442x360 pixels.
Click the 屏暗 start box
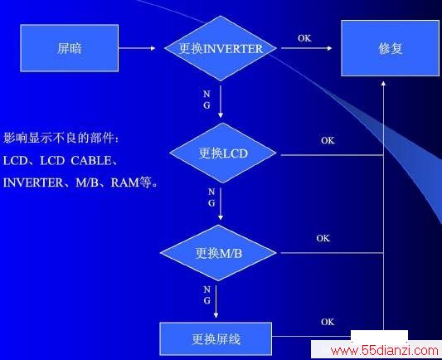pos(70,48)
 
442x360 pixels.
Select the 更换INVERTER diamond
pos(221,48)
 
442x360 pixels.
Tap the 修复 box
pos(390,48)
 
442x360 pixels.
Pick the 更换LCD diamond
pos(223,153)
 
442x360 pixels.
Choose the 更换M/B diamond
pos(218,253)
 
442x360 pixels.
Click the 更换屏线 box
pos(216,339)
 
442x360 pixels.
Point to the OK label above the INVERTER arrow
pos(304,38)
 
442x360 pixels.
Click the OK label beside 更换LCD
pos(328,140)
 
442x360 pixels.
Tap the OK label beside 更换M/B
pos(323,238)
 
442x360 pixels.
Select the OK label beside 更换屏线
pos(328,322)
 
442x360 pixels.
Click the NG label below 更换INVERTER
pos(206,100)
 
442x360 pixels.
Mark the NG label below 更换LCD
pos(211,197)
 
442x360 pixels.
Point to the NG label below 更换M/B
pos(207,295)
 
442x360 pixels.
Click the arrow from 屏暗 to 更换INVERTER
pos(137,48)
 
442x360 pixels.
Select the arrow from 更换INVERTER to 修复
pos(306,48)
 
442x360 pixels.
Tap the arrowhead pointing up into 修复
pos(383,83)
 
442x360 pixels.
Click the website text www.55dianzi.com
pos(385,350)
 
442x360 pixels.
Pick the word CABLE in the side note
pos(91,161)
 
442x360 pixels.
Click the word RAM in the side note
pos(125,182)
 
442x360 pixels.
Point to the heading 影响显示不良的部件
pos(59,138)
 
